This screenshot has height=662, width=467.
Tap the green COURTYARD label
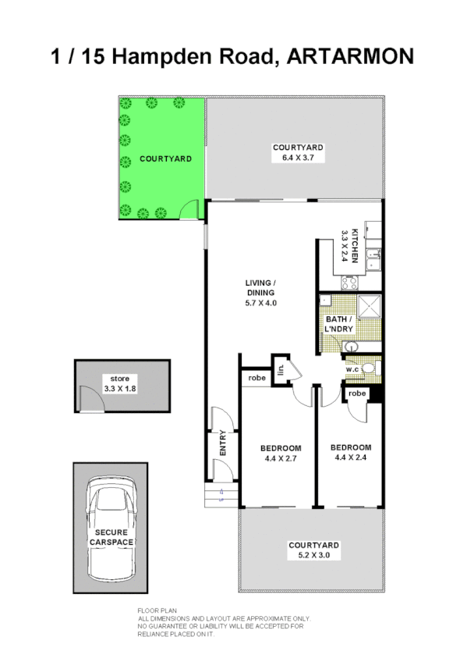click(165, 159)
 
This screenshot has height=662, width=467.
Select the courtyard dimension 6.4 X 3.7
click(297, 158)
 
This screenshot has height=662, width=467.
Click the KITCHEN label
click(354, 244)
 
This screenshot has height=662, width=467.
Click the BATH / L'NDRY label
click(339, 325)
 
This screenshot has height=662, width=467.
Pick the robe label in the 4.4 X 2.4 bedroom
click(357, 394)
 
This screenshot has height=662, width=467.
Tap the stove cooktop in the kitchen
click(348, 282)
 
